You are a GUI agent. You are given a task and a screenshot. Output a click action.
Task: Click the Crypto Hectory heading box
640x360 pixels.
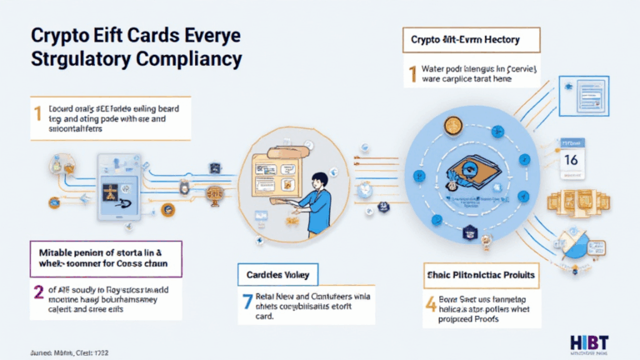472,39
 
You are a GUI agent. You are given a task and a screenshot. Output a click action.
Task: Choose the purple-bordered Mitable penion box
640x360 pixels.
106,256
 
